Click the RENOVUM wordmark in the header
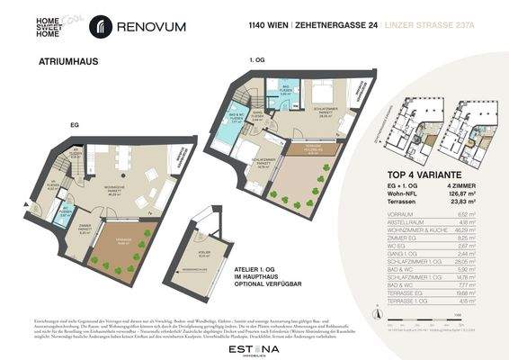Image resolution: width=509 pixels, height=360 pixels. point(150,27)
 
